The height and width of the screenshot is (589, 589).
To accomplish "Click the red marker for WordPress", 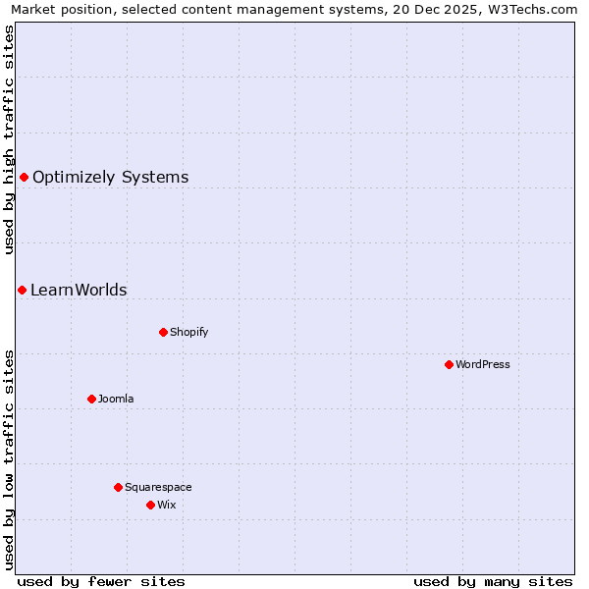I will (449, 364).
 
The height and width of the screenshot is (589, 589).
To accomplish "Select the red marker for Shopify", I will (163, 332).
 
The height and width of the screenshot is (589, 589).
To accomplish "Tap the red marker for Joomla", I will (91, 399).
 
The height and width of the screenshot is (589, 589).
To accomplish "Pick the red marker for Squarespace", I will (118, 487).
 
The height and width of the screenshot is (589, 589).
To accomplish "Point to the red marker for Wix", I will (150, 505).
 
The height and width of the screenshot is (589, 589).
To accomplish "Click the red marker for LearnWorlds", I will (22, 290).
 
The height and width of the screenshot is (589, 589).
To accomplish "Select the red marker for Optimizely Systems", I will (24, 177).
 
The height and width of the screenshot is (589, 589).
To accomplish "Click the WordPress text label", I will (483, 364).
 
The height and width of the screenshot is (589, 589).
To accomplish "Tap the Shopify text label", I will (189, 332).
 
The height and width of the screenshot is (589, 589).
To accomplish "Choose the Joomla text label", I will (116, 399).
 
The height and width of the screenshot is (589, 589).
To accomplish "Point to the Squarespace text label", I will (158, 487).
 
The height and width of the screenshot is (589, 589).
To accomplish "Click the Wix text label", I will (167, 505).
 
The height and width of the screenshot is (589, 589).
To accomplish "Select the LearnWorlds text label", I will (79, 290).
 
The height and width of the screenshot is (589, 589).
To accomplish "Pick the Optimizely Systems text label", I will (110, 177).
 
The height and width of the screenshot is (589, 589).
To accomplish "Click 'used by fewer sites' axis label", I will (101, 581).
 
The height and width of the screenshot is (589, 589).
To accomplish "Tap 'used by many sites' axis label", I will (493, 581).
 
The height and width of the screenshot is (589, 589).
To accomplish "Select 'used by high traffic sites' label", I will (10, 139).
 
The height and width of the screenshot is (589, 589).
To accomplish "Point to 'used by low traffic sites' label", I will (10, 459).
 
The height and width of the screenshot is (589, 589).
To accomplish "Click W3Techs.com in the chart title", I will (536, 9).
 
